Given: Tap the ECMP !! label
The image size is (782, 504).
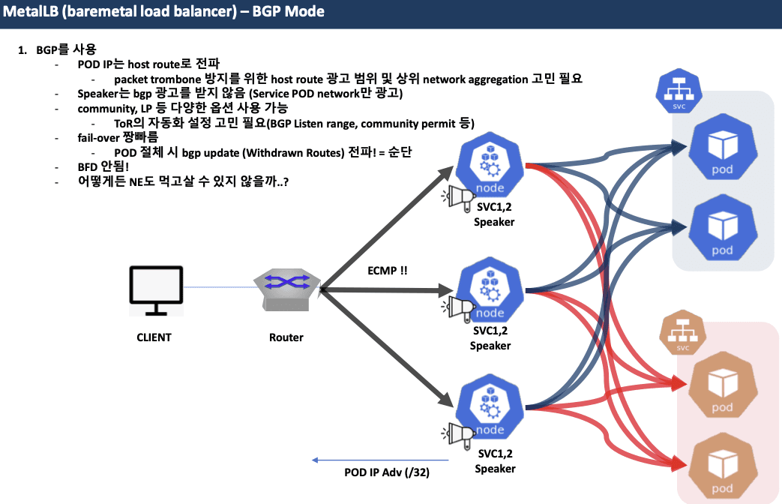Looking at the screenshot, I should coord(388,270).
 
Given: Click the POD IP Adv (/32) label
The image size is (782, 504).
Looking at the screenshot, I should coord(387,472).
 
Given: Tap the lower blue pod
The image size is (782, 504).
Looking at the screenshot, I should coord(722,229).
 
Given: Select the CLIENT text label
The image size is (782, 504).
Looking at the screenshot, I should coord(154,337).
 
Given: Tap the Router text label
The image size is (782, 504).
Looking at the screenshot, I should coord(286,337).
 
